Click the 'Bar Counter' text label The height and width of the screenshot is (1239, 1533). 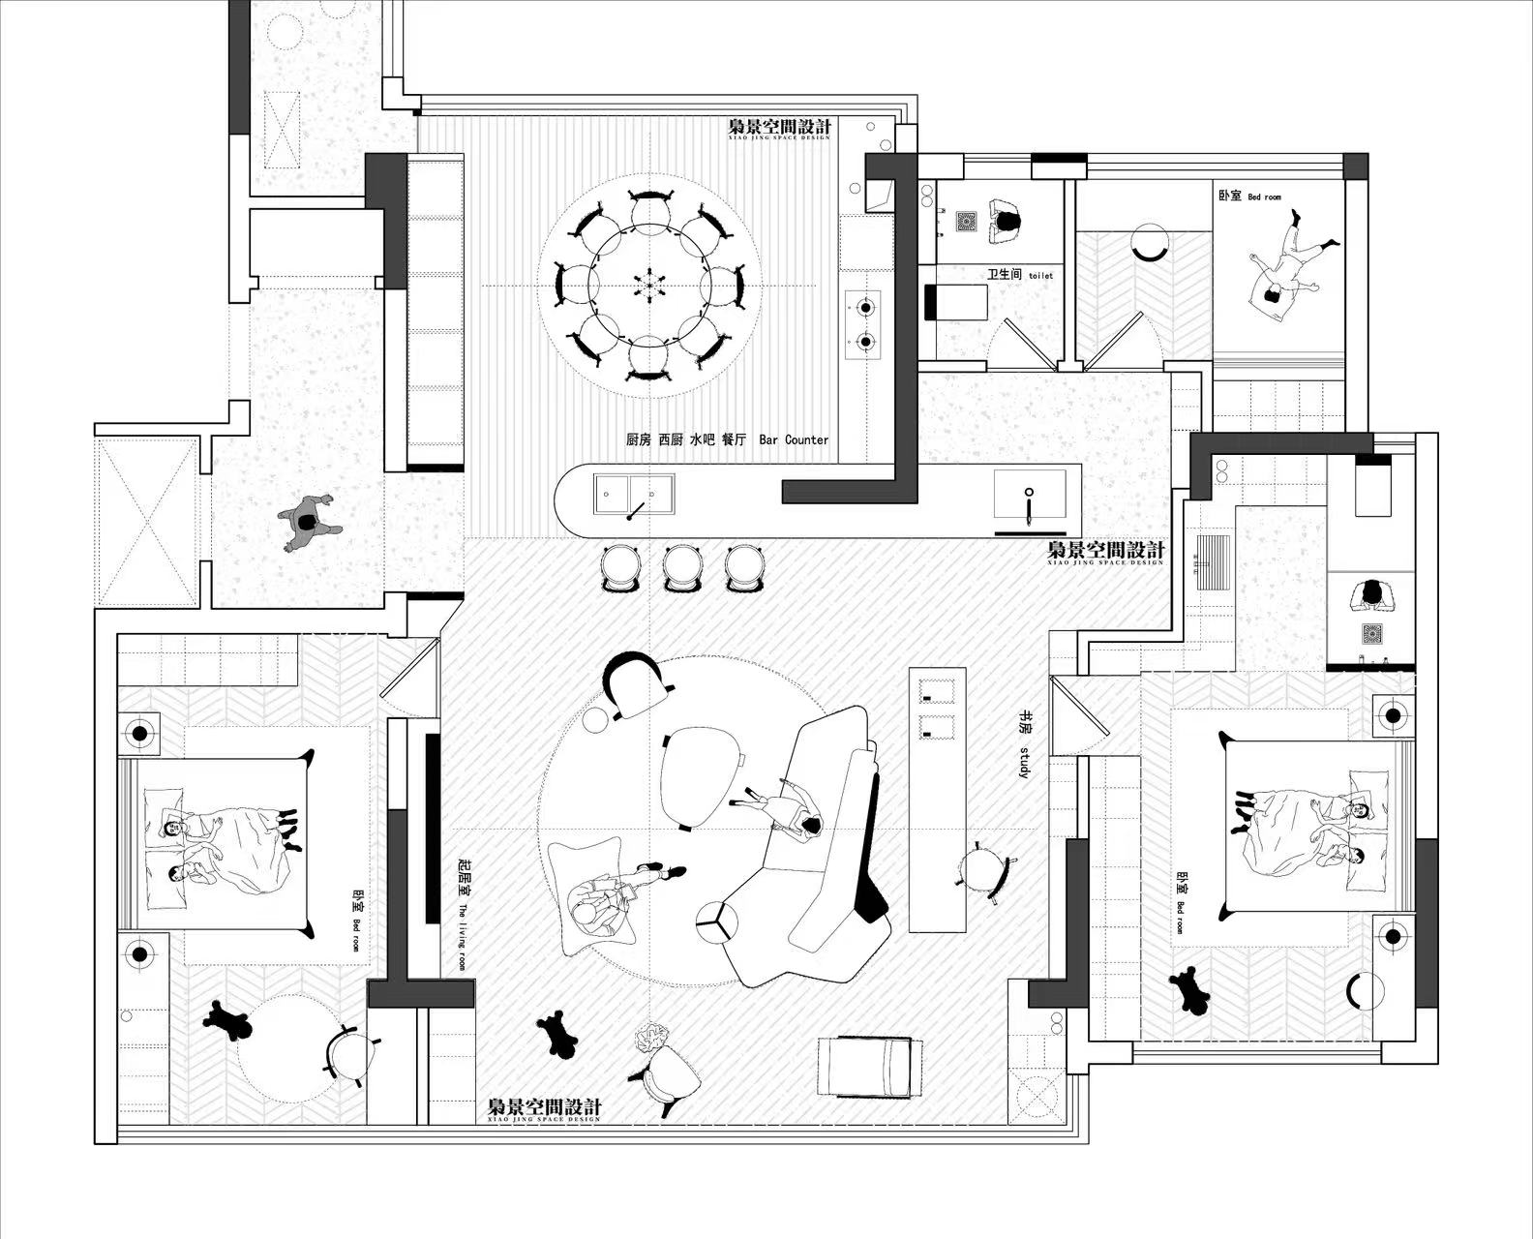(794, 439)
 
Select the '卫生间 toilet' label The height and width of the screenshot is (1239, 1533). (1019, 275)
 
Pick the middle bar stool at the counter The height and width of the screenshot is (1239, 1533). (682, 566)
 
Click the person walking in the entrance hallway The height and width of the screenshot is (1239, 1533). (308, 523)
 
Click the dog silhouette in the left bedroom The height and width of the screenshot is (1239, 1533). (227, 1019)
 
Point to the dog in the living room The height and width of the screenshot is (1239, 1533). (557, 1033)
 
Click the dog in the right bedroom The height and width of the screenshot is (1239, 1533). (1190, 988)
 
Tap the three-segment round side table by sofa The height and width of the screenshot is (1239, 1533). (717, 921)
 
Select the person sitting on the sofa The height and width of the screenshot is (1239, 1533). (791, 808)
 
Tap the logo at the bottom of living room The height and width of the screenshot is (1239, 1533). (544, 1108)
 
